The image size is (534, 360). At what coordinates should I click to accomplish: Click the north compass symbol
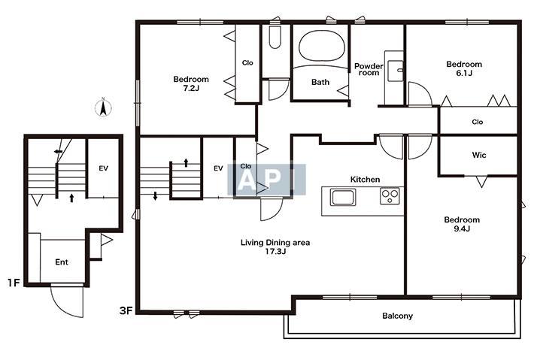[x=103, y=107]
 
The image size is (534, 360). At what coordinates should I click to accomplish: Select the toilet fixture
[x=275, y=37]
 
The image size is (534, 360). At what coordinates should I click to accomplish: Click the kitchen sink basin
[x=343, y=198]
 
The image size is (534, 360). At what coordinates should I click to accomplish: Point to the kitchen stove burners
[x=390, y=196]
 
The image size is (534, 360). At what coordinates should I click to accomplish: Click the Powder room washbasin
[x=396, y=71]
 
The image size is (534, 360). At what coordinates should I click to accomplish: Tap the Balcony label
[x=397, y=316]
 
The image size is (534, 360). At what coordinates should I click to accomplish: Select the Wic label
[x=479, y=155]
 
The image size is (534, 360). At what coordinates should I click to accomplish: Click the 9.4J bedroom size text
[x=462, y=228]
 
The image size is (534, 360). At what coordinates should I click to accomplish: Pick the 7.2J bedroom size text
[x=191, y=88]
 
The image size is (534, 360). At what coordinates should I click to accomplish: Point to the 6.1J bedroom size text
[x=464, y=73]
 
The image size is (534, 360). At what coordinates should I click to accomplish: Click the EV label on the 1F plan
[x=104, y=168]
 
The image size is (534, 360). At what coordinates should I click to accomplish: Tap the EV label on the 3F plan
[x=218, y=168]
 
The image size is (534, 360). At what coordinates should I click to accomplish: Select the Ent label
[x=62, y=262]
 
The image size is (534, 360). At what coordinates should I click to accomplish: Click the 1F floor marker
[x=14, y=283]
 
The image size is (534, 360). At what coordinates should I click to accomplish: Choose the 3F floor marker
[x=126, y=310]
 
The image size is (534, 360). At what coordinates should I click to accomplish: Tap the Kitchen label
[x=365, y=180]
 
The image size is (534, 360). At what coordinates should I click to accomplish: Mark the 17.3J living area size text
[x=275, y=252]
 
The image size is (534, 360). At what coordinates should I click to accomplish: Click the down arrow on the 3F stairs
[x=155, y=196]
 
